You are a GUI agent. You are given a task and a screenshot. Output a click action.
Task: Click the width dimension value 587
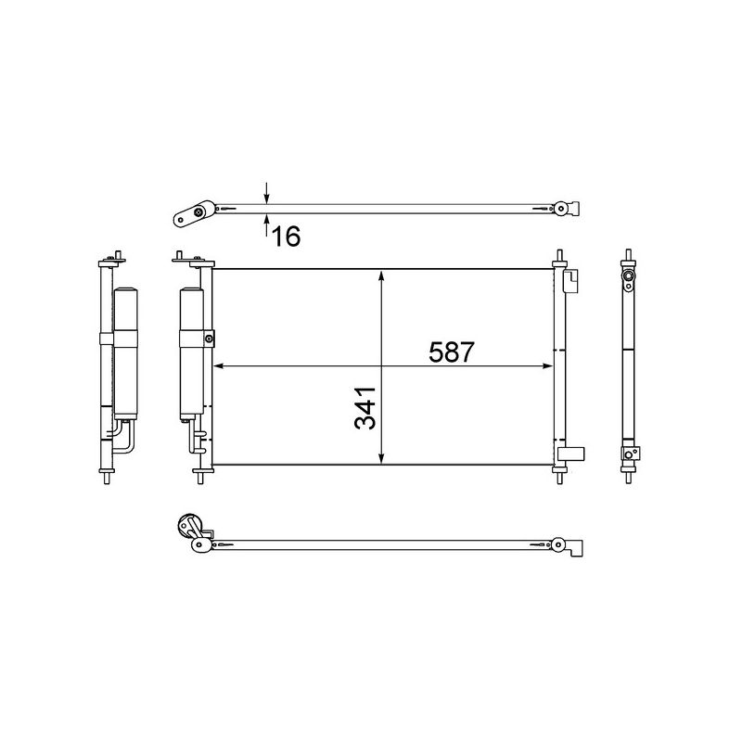(452, 352)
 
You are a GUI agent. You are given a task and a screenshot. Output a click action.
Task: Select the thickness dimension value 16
(287, 237)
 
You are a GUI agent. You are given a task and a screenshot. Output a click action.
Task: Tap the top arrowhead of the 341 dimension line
(381, 275)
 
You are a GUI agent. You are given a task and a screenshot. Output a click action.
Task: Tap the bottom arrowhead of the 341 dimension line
(381, 458)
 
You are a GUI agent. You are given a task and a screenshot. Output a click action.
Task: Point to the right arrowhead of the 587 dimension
(547, 365)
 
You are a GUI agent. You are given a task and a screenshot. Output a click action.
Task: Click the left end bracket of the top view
(189, 216)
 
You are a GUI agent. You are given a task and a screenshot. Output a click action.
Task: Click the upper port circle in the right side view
(629, 277)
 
